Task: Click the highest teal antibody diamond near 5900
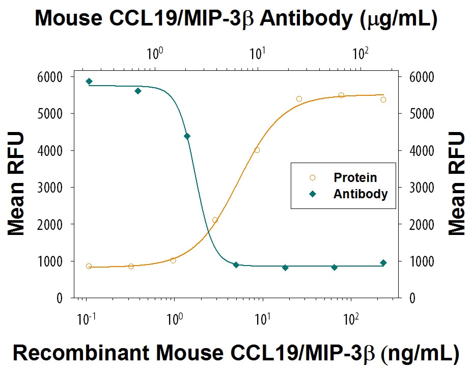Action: [x=89, y=82]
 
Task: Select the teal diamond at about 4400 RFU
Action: [x=187, y=136]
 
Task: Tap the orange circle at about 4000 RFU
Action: [x=257, y=150]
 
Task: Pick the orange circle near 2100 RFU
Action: [x=215, y=220]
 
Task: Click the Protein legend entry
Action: [x=355, y=177]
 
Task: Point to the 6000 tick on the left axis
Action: [x=51, y=77]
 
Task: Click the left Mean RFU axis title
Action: [x=16, y=183]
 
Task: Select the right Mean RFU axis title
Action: [x=457, y=183]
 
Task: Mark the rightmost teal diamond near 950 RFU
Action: [x=383, y=263]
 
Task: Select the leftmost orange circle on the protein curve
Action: [x=89, y=266]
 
